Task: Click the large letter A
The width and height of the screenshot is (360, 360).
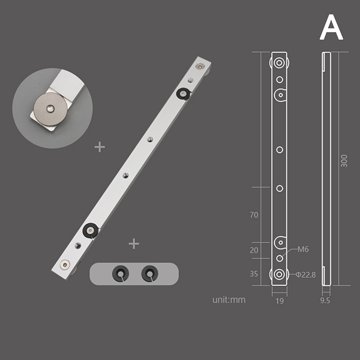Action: click(331, 27)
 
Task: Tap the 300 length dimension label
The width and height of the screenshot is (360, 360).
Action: click(344, 161)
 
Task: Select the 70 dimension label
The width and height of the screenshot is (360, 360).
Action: click(254, 215)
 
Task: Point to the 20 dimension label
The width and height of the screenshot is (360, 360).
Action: click(254, 250)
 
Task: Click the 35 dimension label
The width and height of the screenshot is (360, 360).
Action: click(254, 274)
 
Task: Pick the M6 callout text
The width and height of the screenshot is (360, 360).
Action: click(303, 249)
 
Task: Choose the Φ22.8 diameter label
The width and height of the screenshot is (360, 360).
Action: click(306, 274)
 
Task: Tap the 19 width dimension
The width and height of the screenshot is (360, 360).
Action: click(279, 301)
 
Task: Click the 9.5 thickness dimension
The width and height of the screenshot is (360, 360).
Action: click(325, 301)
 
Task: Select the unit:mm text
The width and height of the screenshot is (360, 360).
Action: click(229, 300)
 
